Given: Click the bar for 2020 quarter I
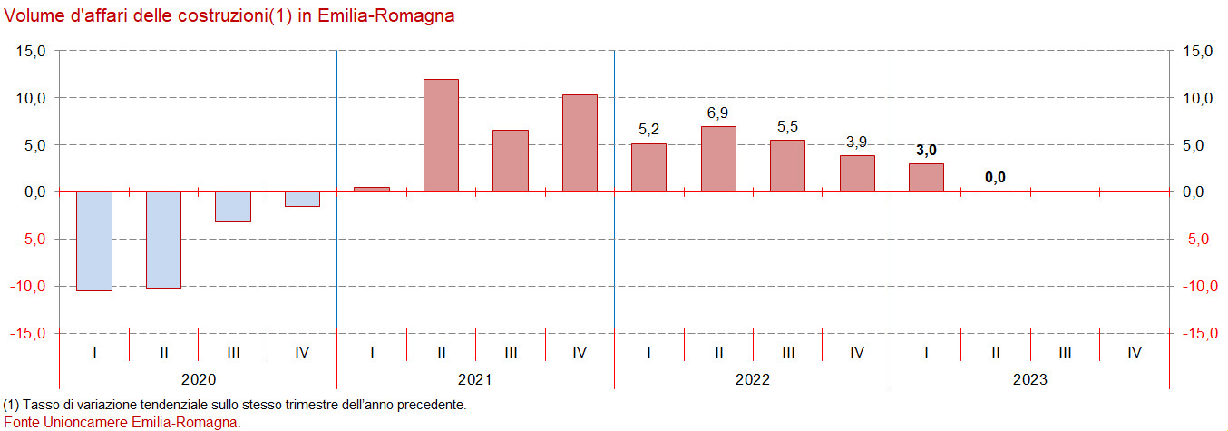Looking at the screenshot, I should [94, 240].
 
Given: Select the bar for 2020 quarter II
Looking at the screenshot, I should [164, 240].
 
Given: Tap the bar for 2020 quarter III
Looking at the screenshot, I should [233, 207].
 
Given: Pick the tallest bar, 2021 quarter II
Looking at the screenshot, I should [442, 135].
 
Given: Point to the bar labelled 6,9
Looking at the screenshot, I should [718, 159].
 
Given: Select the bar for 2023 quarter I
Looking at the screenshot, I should [926, 178].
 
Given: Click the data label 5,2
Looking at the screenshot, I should [648, 130].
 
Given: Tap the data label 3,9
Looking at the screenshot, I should [857, 142].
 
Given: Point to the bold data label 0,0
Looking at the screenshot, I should [996, 177].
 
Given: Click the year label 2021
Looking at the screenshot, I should [476, 379].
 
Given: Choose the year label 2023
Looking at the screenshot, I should [1030, 379].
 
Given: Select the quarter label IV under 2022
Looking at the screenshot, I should [857, 351].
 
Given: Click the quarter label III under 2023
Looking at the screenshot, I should [1065, 351].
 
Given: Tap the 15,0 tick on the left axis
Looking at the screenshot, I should [31, 51].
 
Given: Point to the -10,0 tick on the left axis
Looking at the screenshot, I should [28, 286].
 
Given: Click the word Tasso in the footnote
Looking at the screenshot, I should [36, 405].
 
